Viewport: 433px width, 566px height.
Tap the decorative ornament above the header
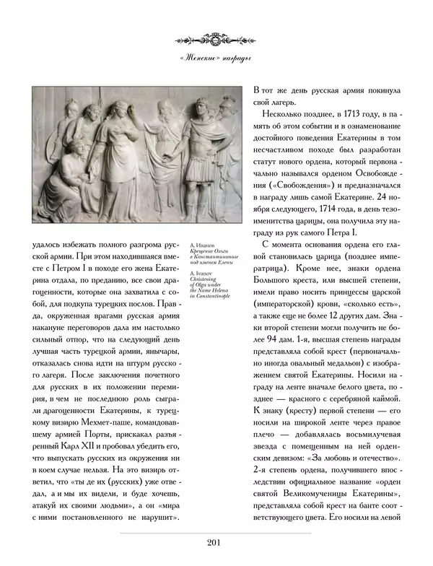pos(216,37)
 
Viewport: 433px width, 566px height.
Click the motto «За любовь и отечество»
pos(356,458)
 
